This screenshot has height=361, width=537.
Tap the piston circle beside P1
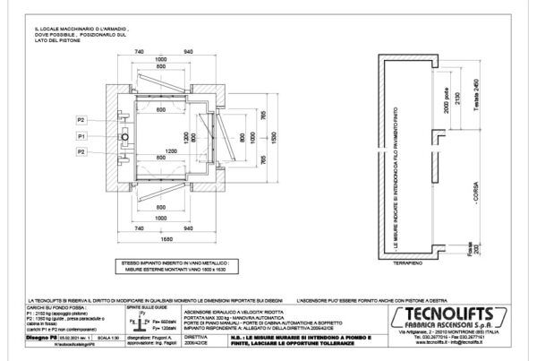click(x=125, y=136)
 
